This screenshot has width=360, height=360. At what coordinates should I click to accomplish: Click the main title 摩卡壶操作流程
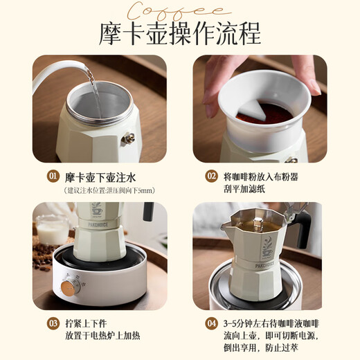coord(180,32)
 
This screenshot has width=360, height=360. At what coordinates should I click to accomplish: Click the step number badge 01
coord(53,177)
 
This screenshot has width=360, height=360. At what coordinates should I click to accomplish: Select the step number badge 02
coord(211,177)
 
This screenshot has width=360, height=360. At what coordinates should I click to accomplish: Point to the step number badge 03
coord(53,323)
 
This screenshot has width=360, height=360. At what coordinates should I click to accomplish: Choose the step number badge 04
coord(211,323)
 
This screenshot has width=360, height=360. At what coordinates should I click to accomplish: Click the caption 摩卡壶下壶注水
coord(100,177)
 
